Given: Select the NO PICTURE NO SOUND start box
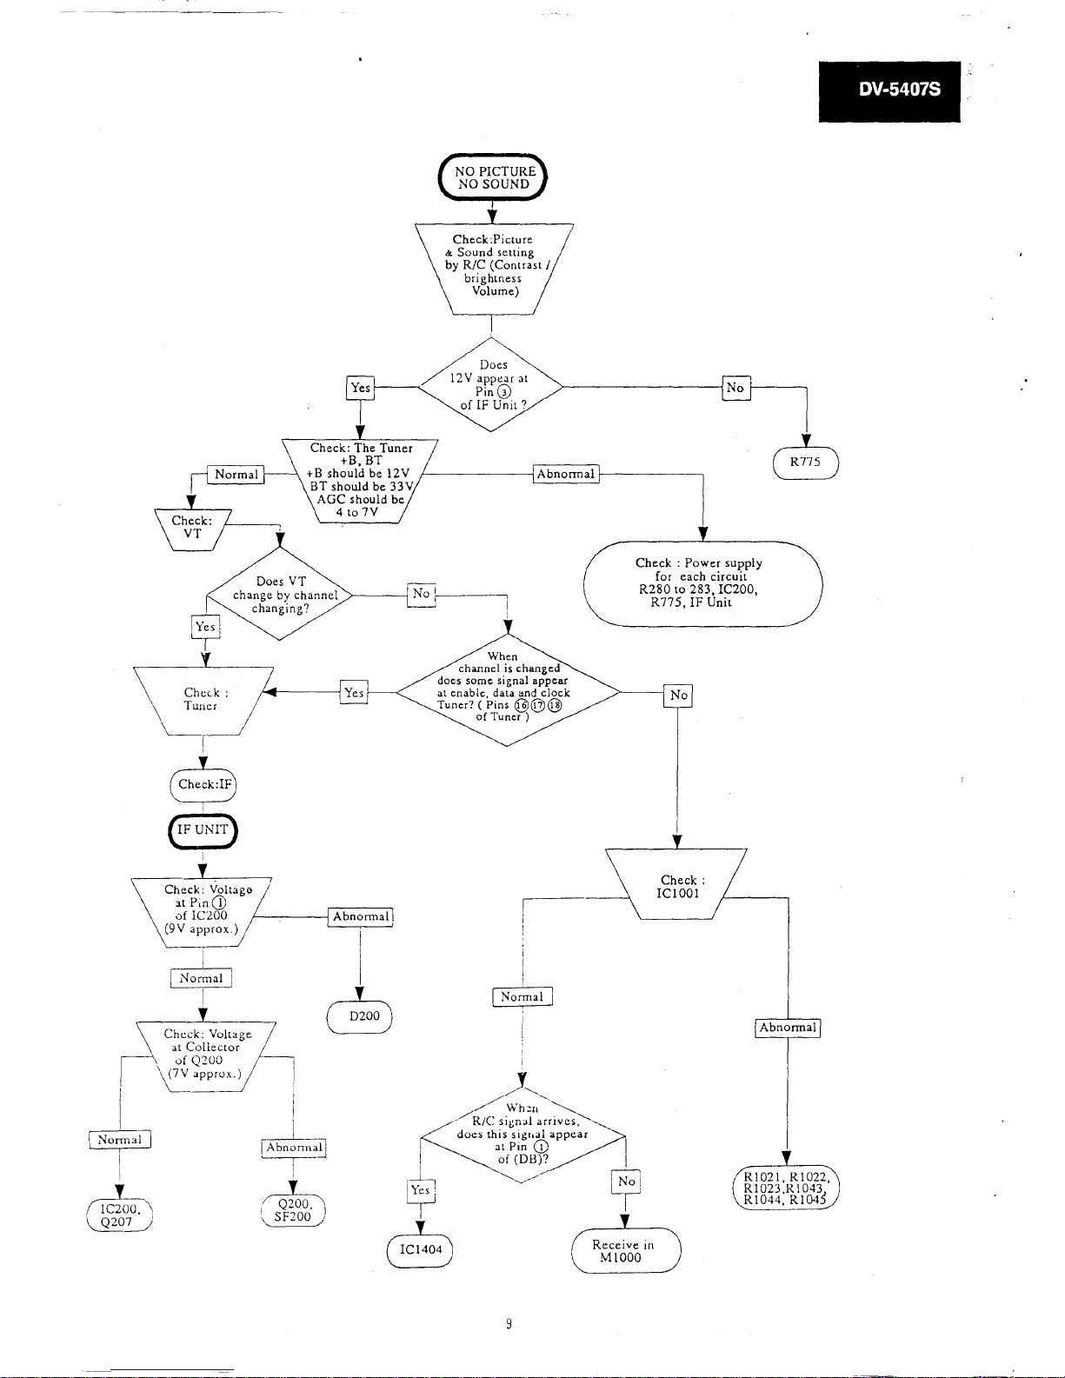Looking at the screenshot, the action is point(493,177).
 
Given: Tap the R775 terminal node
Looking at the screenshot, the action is point(806,463).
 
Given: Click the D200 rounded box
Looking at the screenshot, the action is point(359,1017).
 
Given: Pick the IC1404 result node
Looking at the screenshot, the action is point(420,1250).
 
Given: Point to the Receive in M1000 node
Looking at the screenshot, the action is point(626,1250).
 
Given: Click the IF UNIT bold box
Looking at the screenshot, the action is point(203,831).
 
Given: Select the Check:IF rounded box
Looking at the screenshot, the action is point(203,785).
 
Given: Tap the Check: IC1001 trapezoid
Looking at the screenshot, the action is point(676,884).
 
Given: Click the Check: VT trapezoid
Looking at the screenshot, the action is point(193,529).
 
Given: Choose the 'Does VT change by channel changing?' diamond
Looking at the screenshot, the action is point(280,594).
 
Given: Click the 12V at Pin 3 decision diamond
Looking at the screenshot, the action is point(490,385).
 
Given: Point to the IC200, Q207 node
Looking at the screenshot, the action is point(120,1215).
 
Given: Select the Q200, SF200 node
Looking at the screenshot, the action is point(293,1210).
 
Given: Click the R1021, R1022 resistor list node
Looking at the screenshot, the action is point(786,1188).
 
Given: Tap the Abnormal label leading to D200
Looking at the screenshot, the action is point(361,917).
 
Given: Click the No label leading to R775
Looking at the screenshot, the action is point(736,388).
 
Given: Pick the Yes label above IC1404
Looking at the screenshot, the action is point(420,1190).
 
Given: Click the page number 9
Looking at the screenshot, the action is point(509,1324).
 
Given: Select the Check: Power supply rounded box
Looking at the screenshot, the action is point(703,584).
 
